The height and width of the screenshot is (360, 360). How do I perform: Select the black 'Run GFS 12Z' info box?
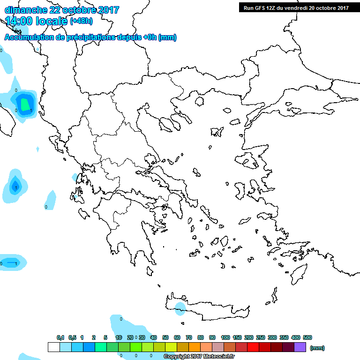click(x=296, y=7)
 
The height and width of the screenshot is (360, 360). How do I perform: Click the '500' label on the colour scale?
click(x=307, y=337)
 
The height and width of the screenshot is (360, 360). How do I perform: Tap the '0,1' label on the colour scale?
click(x=60, y=337)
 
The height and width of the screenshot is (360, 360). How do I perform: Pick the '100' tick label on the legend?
click(x=225, y=337)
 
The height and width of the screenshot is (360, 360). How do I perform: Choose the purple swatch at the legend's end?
click(x=300, y=347)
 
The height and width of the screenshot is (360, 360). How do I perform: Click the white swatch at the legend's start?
click(x=54, y=347)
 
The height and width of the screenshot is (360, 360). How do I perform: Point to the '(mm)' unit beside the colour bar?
click(x=317, y=348)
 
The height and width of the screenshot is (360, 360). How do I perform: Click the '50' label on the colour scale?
click(x=165, y=337)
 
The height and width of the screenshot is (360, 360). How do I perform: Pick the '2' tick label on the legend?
click(x=94, y=337)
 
